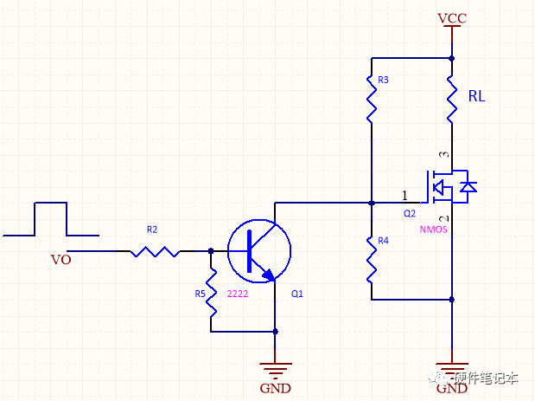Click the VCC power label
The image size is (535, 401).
[x=452, y=18]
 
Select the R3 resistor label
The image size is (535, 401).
[x=383, y=80]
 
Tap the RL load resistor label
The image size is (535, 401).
[x=476, y=97]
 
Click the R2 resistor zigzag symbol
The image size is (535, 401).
[x=156, y=252]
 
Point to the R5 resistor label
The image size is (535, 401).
[x=200, y=294]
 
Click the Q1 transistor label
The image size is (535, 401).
[x=297, y=294]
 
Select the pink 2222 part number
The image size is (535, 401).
[x=238, y=294]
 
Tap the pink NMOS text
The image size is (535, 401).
[x=433, y=230]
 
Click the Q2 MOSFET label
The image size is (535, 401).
[x=410, y=213]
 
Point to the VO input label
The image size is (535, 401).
[x=61, y=259]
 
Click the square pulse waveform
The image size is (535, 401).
[x=50, y=218]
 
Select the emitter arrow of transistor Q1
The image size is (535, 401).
[x=269, y=275]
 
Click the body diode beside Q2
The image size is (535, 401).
[x=468, y=186]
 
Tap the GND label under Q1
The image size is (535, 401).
[x=274, y=388]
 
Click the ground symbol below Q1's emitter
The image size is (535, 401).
[x=276, y=367]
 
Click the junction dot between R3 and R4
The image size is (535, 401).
[x=371, y=203]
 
